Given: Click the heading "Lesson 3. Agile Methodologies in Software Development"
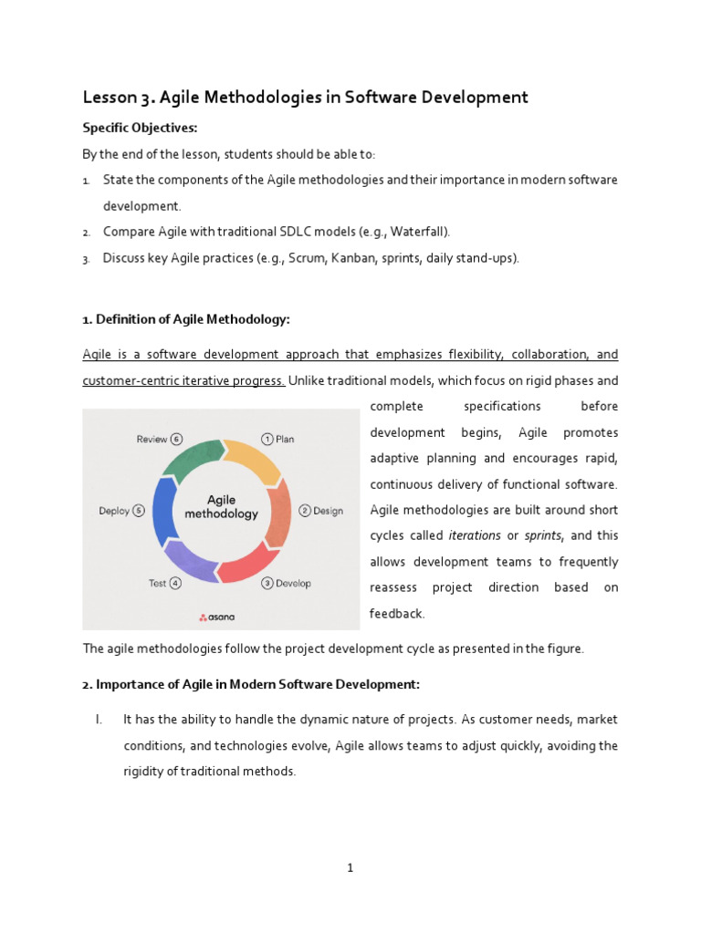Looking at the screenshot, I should [306, 98].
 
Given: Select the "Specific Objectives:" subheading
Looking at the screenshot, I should [140, 128].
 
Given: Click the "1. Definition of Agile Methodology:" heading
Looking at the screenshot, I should [186, 319].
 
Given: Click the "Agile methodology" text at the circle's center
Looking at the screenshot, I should [221, 507].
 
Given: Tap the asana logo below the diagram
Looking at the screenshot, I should [217, 617].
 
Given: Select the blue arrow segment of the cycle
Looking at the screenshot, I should [164, 511].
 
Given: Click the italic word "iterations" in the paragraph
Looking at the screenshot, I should [475, 535].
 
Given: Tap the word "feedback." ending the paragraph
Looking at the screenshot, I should [397, 614].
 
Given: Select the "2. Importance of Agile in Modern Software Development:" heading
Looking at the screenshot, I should [251, 684].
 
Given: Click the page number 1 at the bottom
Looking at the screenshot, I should [350, 868].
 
